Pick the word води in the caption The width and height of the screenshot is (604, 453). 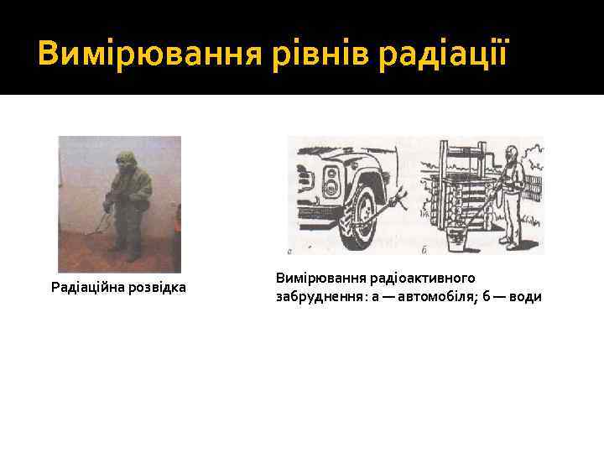pyautogui.click(x=525, y=297)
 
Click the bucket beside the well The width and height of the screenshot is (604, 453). pyautogui.click(x=458, y=240)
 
